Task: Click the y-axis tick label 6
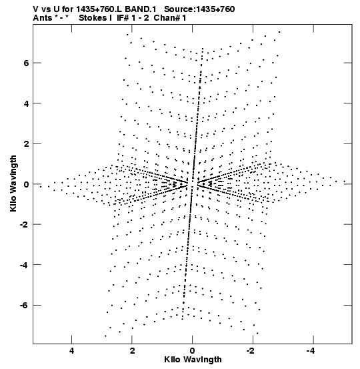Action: tap(26, 63)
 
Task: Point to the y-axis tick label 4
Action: tap(26, 103)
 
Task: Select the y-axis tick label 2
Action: tap(26, 143)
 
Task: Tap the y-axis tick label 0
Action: tap(26, 184)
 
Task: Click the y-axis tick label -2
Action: tap(24, 224)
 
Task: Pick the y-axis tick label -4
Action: tap(24, 265)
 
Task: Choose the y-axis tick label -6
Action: tap(24, 306)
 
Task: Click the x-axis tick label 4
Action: tap(72, 351)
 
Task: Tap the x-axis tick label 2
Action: tap(132, 351)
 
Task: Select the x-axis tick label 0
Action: tap(193, 351)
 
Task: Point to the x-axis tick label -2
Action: tap(251, 351)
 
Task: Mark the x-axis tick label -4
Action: tap(311, 351)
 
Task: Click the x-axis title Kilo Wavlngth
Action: tap(193, 360)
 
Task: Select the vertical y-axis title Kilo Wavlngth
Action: tap(13, 183)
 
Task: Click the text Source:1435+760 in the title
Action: tap(199, 9)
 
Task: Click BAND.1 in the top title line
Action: tap(141, 9)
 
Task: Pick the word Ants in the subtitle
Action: tap(42, 18)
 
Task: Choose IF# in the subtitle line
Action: tap(123, 18)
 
